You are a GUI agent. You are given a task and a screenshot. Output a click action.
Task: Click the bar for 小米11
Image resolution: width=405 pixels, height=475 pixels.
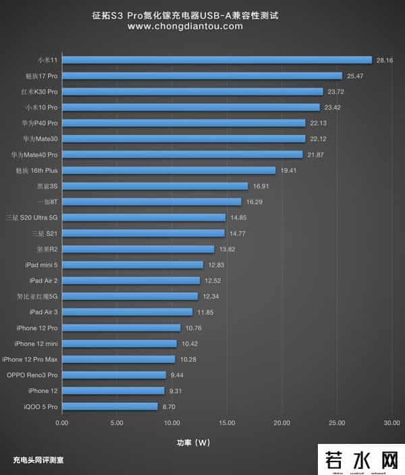[217, 60]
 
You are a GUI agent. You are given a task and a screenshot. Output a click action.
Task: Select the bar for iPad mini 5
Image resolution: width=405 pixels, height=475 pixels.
[132, 264]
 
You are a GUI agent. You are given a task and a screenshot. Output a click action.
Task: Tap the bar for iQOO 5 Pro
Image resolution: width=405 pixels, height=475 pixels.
[109, 406]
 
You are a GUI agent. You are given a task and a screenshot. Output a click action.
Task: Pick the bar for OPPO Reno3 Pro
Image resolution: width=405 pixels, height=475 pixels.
[113, 374]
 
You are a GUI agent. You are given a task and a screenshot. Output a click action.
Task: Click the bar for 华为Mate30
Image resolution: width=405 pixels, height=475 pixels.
[184, 139]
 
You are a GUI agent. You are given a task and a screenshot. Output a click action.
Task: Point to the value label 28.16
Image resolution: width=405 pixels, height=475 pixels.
[385, 60]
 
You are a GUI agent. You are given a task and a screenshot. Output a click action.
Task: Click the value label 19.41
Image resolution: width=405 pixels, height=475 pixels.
[288, 170]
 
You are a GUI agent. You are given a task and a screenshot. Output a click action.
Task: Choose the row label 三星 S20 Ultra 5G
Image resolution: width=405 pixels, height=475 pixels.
[31, 217]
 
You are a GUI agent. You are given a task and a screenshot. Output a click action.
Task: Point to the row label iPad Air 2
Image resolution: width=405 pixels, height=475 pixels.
[43, 280]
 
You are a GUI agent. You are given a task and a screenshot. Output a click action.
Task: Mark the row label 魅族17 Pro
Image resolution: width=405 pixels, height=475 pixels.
[41, 76]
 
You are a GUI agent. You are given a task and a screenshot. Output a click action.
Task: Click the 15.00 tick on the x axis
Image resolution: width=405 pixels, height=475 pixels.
[226, 423]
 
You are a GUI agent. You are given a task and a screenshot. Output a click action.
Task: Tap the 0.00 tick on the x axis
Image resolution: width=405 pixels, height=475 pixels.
[61, 423]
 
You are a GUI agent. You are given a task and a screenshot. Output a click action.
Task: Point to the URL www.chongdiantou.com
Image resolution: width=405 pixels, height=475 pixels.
[184, 26]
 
